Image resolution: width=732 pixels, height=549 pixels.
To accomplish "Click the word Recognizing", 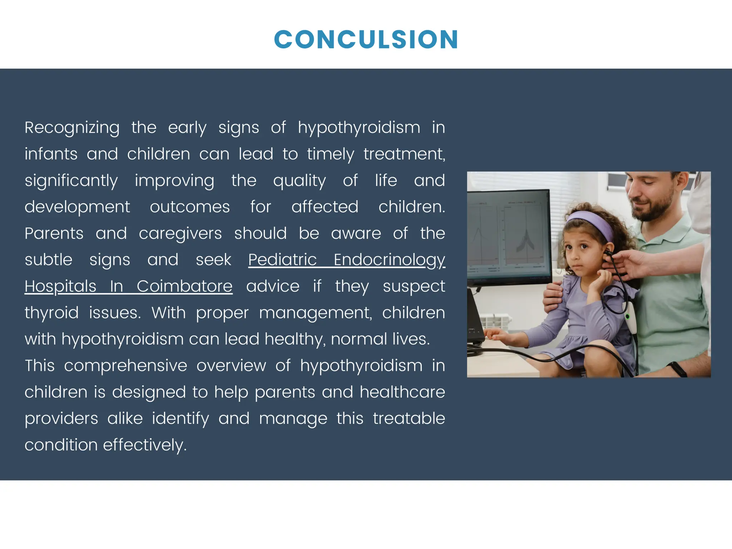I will pyautogui.click(x=72, y=128).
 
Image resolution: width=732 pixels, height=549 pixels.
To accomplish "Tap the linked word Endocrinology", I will pyautogui.click(x=389, y=260).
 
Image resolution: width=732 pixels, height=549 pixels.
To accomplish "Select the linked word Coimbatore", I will pyautogui.click(x=184, y=286).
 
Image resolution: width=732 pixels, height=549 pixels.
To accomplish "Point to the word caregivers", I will pyautogui.click(x=180, y=233).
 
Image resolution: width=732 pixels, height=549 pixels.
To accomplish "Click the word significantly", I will pyautogui.click(x=71, y=180).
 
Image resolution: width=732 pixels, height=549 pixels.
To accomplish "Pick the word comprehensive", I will pyautogui.click(x=125, y=366).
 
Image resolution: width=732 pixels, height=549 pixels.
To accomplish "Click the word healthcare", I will pyautogui.click(x=402, y=392).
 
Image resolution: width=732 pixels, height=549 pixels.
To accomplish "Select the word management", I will pyautogui.click(x=315, y=313).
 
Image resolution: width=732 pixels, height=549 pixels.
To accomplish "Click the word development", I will pyautogui.click(x=77, y=207).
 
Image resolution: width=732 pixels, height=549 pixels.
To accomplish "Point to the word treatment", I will pyautogui.click(x=404, y=154).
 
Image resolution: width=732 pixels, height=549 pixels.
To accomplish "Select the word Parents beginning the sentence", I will pyautogui.click(x=54, y=233).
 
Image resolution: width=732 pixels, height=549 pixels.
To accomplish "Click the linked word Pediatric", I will pyautogui.click(x=282, y=260).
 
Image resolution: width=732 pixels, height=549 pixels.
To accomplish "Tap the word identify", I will pyautogui.click(x=180, y=419).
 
